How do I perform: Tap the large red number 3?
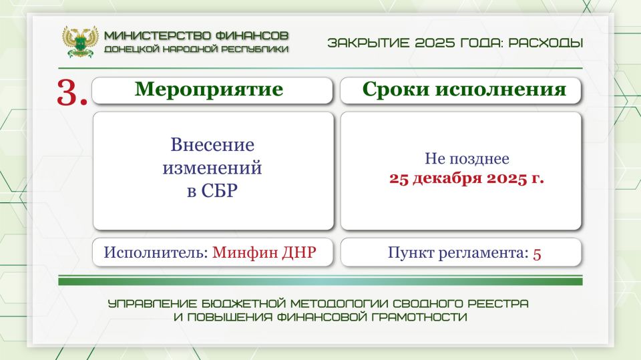coord(72,93)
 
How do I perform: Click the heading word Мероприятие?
coord(209,89)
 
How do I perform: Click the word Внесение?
coord(212,145)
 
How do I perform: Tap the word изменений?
coord(212,168)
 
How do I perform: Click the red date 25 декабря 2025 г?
coord(466,179)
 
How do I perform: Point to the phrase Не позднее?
coord(467,160)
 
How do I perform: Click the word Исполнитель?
coord(156,253)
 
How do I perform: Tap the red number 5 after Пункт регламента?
coord(537,253)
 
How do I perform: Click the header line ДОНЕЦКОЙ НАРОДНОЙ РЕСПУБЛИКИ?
coord(196,49)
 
